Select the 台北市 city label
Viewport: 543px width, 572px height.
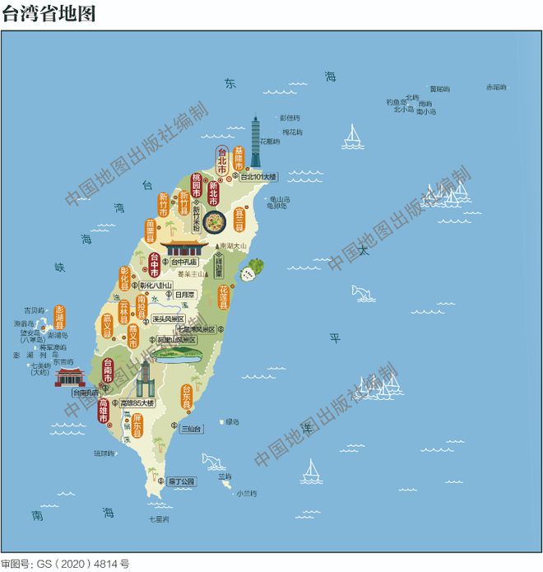pyautogui.click(x=221, y=160)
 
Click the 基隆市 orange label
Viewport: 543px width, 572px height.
pyautogui.click(x=239, y=159)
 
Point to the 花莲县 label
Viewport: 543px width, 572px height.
pyautogui.click(x=223, y=297)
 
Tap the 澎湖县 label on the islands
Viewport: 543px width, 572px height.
pyautogui.click(x=58, y=317)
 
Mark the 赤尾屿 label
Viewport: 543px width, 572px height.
pyautogui.click(x=496, y=86)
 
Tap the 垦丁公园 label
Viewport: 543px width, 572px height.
pyautogui.click(x=180, y=481)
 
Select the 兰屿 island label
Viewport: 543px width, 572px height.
pyautogui.click(x=225, y=477)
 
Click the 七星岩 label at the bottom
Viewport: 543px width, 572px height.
pyautogui.click(x=159, y=519)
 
